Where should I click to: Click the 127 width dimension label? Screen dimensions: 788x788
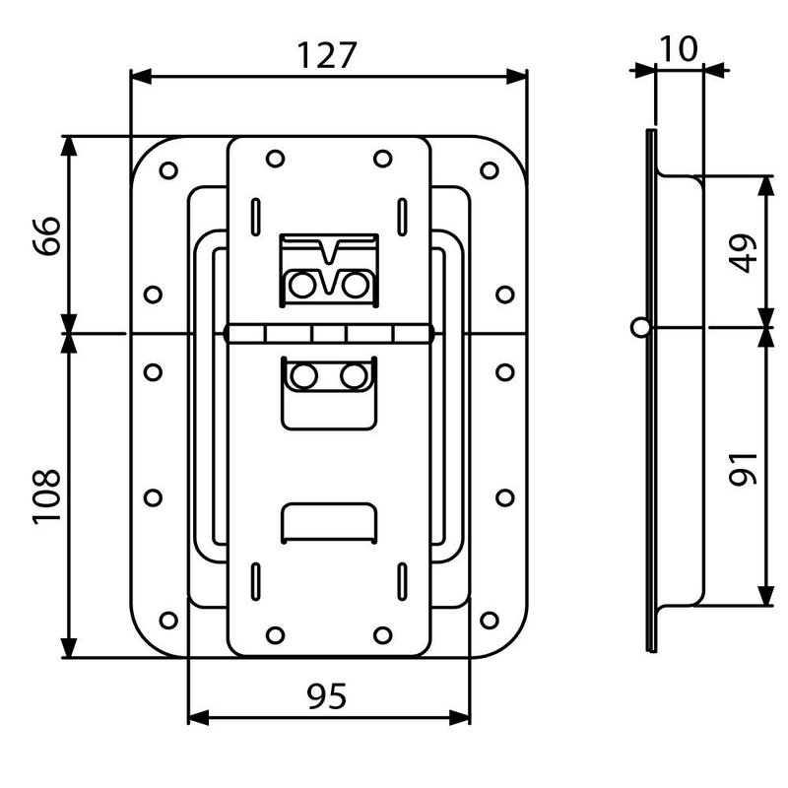327,55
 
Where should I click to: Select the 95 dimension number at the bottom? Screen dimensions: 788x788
327,696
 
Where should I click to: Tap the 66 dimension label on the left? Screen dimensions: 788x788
46,235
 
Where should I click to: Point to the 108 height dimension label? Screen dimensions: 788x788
46,497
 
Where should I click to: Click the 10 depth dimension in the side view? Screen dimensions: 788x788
678,48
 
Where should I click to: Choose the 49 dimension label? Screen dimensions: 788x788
744,253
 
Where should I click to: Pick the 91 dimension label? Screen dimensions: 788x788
744,470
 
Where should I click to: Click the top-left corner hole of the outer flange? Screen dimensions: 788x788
168,170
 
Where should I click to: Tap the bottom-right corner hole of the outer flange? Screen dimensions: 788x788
489,621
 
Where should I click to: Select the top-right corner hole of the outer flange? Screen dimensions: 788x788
489,170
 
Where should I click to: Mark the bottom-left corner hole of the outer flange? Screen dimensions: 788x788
168,621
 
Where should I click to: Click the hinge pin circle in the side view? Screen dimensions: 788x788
641,328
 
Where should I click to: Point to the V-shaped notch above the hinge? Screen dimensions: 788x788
329,251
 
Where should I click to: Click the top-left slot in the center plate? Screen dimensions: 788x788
255,217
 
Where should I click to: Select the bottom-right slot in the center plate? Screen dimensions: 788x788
402,581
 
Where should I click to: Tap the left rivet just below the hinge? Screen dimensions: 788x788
303,376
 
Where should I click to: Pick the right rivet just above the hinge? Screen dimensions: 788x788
355,285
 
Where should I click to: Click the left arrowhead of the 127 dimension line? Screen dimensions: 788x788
141,77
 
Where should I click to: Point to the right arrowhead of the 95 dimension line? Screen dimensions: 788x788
459,718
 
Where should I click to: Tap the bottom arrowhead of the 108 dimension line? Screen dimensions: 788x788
69,647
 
